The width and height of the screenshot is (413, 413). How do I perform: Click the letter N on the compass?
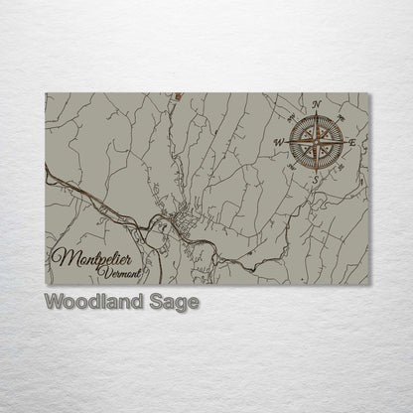[x=317, y=104]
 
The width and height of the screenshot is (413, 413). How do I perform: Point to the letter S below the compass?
[x=315, y=180]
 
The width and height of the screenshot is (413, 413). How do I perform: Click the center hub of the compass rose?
[x=316, y=141]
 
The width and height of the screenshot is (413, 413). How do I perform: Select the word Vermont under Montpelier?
[x=124, y=272]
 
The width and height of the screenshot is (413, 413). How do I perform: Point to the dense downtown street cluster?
[x=183, y=220]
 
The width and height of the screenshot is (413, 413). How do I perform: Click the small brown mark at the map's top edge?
[x=177, y=96]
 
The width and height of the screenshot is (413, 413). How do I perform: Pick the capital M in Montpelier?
[x=59, y=260]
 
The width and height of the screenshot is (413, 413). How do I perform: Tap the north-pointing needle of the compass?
[x=317, y=125]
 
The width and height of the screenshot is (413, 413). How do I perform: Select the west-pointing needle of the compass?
[x=300, y=141]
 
